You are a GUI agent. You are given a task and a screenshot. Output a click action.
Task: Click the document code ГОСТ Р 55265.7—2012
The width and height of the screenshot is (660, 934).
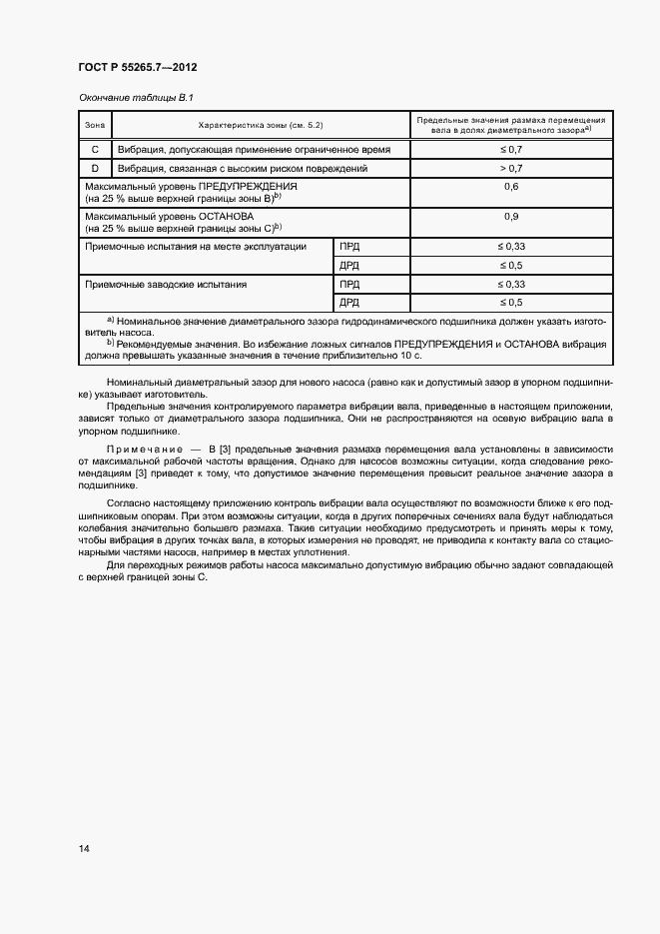[137, 68]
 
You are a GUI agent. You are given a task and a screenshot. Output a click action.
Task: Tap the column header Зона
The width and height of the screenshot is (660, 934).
[95, 125]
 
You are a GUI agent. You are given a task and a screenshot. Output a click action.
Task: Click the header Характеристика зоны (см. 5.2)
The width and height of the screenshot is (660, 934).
[260, 125]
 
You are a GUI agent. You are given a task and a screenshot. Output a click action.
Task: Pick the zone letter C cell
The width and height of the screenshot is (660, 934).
[95, 149]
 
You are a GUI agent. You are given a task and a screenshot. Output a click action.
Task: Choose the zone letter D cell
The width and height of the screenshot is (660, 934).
[95, 169]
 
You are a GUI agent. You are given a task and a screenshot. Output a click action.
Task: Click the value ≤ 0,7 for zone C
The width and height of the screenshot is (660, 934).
[511, 149]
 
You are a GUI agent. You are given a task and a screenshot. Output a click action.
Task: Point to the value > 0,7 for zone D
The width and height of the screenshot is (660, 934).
[511, 169]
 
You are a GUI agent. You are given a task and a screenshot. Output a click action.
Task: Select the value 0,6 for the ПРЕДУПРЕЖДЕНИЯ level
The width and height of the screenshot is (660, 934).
[511, 187]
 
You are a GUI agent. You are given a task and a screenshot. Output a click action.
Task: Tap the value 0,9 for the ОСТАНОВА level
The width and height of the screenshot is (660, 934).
[511, 217]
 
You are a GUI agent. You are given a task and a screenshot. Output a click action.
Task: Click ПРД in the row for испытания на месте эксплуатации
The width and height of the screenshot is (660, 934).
[349, 246]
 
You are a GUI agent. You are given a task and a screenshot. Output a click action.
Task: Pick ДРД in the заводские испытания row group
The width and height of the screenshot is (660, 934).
[349, 302]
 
